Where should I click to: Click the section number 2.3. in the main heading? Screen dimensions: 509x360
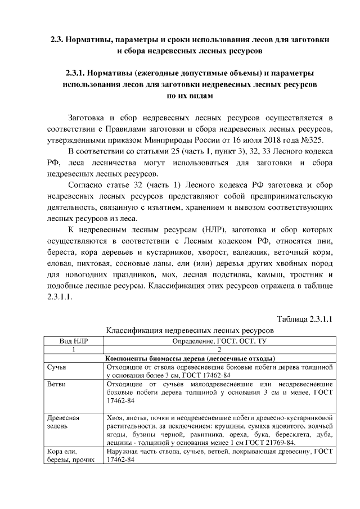click(55, 40)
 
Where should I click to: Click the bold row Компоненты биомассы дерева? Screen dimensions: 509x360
click(190, 358)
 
